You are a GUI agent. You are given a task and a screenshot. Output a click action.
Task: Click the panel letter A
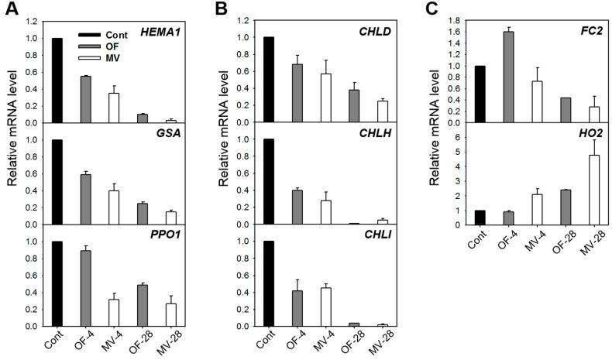coord(9,9)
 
